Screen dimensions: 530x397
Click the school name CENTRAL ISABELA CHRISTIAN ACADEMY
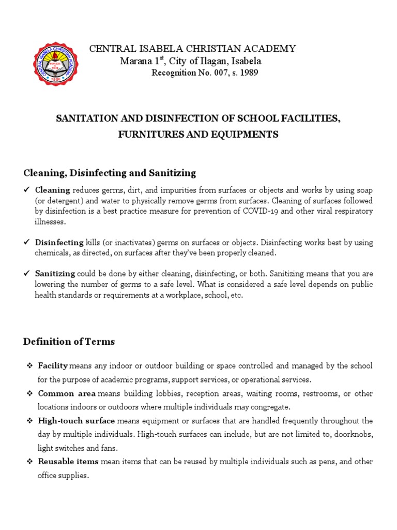[193, 49]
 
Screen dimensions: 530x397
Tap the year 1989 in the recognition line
[248, 73]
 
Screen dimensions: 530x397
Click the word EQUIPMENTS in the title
[250, 135]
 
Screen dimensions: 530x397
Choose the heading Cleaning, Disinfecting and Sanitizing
[110, 172]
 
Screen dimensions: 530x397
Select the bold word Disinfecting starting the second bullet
[59, 242]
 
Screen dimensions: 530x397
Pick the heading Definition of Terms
[69, 342]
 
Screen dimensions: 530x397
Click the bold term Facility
[53, 366]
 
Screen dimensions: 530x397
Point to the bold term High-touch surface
[77, 421]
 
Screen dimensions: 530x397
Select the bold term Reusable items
[69, 461]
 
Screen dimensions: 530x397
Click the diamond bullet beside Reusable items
[29, 462]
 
